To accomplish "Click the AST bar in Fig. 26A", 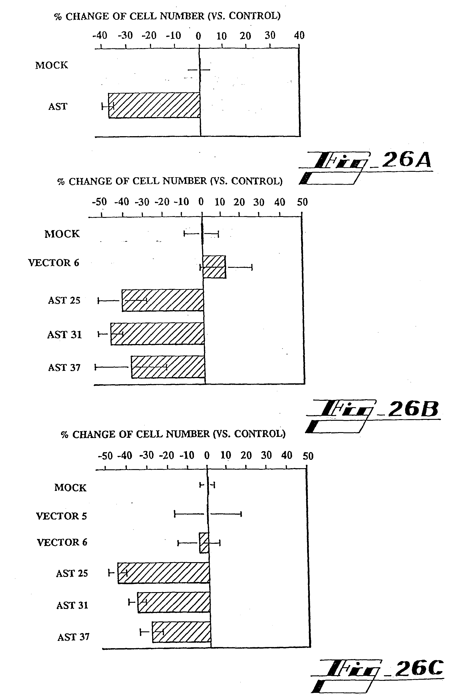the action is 154,106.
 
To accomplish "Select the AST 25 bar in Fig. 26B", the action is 163,300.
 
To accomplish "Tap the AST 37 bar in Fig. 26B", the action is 168,367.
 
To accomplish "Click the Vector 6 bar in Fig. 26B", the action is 214,267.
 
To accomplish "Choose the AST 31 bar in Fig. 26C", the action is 174,603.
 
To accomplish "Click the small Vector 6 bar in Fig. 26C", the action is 204,543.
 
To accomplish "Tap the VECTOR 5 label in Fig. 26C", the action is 61,516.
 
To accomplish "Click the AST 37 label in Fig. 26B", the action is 64,368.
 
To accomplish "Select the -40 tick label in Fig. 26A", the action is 100,35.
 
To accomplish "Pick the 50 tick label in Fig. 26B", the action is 302,202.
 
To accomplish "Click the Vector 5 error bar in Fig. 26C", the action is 208,514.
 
